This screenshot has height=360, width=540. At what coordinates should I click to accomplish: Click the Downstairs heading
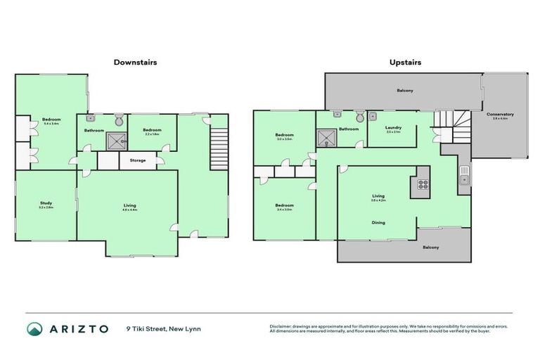click(135, 62)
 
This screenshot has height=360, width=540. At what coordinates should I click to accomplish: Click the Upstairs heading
click(405, 62)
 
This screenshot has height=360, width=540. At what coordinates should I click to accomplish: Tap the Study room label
click(46, 205)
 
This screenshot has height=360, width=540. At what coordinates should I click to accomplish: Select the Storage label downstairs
click(138, 160)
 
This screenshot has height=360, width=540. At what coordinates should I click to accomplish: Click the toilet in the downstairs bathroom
click(118, 117)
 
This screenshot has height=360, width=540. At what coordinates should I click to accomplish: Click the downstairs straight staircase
click(219, 148)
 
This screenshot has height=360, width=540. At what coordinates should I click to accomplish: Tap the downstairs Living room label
click(129, 206)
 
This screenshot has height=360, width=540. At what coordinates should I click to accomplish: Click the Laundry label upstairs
click(392, 128)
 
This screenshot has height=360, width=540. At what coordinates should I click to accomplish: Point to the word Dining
click(378, 223)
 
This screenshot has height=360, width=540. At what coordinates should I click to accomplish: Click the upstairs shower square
click(327, 139)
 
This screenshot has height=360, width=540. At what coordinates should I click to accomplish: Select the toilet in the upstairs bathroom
click(360, 117)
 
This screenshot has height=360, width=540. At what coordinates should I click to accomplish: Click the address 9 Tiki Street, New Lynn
click(164, 328)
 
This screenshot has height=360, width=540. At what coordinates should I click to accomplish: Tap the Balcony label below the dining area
click(430, 247)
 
